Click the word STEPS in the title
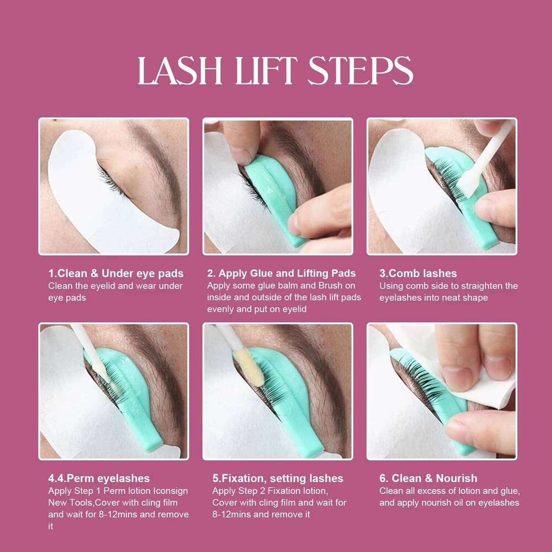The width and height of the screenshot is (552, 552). point(360,71)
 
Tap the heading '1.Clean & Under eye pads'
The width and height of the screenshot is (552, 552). point(116,274)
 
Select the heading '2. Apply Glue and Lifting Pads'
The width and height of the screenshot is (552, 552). point(282,274)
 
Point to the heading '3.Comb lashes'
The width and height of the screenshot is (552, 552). point(418,274)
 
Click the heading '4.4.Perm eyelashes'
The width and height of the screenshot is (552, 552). point(99,479)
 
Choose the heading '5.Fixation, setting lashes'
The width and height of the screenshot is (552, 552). point(278,479)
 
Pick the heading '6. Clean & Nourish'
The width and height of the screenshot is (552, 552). point(428,479)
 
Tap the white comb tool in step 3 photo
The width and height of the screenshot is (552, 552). point(484,158)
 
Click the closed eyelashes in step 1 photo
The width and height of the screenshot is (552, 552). point(113,181)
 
